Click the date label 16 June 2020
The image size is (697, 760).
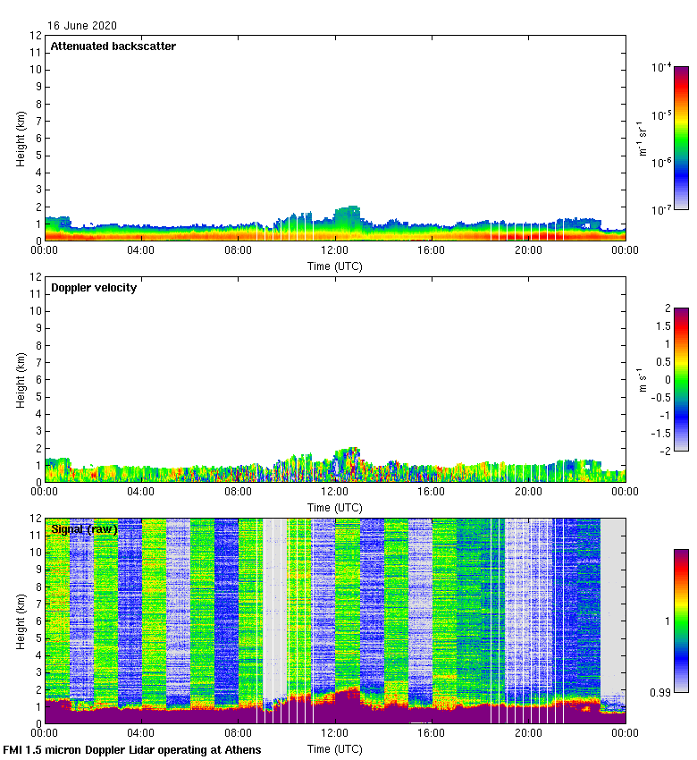click(x=81, y=26)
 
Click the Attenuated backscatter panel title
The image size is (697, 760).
click(x=113, y=46)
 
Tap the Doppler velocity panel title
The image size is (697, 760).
click(x=94, y=288)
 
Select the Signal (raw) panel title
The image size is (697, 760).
click(x=84, y=529)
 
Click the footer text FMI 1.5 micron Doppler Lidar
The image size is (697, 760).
click(x=132, y=749)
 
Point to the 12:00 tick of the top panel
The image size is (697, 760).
click(x=335, y=251)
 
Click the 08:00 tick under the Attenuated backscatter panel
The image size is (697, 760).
click(x=238, y=251)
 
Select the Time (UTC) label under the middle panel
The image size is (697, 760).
click(x=335, y=507)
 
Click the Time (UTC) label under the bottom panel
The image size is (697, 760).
click(x=335, y=748)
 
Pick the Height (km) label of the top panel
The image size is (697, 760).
click(x=21, y=138)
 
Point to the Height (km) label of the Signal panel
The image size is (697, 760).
click(x=21, y=621)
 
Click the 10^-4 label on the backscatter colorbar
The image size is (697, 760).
click(x=662, y=68)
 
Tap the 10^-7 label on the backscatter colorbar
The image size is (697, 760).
click(x=662, y=210)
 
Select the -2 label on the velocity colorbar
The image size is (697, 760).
click(x=665, y=450)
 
